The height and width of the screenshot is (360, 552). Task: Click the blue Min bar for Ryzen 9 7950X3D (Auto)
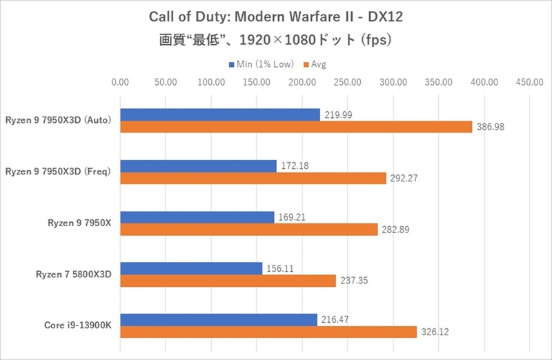[220, 114]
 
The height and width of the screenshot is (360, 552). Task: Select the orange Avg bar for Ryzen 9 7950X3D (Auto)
[296, 127]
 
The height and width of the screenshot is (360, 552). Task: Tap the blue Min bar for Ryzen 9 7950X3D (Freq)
[198, 166]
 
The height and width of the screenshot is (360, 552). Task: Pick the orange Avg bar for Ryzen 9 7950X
[248, 229]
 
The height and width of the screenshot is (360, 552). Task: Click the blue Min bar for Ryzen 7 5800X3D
[191, 268]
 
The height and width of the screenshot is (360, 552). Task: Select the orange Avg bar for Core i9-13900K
[268, 332]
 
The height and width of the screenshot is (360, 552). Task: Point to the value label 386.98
[490, 128]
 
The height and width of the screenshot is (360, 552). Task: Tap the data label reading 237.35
[353, 281]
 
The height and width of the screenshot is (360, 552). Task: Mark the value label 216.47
[335, 319]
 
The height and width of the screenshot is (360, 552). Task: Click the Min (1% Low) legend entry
[262, 64]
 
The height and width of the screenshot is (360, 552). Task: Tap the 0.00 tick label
[120, 83]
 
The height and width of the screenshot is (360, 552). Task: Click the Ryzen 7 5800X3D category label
[74, 274]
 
